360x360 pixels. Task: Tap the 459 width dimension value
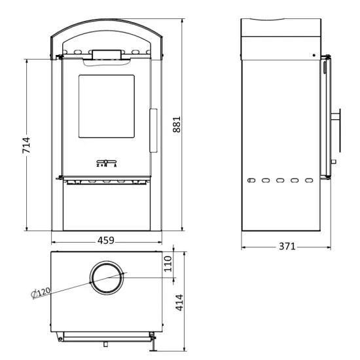105,240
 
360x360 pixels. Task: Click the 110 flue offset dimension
167,263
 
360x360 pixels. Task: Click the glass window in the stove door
107,106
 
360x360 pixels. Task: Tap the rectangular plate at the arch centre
105,54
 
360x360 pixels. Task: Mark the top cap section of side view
281,38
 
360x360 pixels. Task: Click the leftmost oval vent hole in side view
251,179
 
